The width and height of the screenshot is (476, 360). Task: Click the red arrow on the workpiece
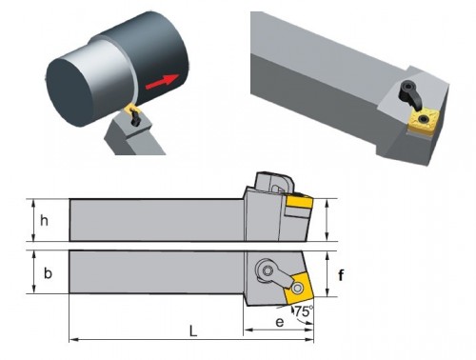(162, 82)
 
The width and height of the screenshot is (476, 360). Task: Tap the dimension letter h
(45, 220)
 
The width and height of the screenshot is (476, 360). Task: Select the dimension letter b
(48, 273)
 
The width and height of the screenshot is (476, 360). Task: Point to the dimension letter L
(193, 331)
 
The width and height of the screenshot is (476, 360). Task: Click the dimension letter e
(280, 322)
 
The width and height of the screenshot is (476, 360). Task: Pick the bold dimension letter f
(341, 275)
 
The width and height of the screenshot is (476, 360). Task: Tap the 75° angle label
(304, 311)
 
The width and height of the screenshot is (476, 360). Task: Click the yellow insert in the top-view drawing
(299, 289)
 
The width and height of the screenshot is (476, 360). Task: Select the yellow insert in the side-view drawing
(300, 202)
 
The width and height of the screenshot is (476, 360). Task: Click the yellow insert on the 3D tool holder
(422, 121)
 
